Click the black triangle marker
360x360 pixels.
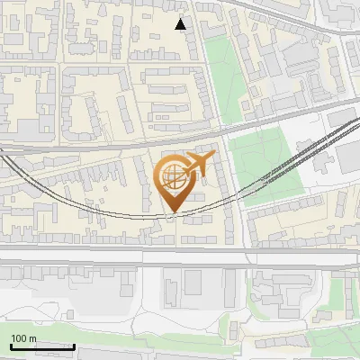pyautogui.click(x=182, y=24)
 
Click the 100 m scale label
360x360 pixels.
pyautogui.click(x=23, y=338)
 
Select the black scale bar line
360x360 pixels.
pyautogui.click(x=42, y=346)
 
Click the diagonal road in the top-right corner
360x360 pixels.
pyautogui.click(x=297, y=13)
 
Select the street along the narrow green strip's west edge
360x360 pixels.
pyautogui.click(x=203, y=72)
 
